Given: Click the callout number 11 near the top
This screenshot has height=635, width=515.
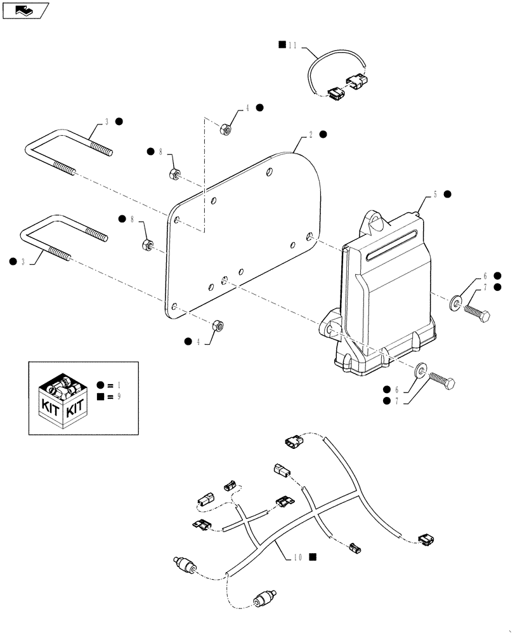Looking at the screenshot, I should (292, 45).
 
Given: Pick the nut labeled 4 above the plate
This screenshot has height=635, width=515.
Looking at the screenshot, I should (224, 130).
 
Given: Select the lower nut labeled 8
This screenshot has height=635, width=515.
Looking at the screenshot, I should (147, 243).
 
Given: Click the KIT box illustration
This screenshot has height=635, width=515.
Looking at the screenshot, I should (60, 398).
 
